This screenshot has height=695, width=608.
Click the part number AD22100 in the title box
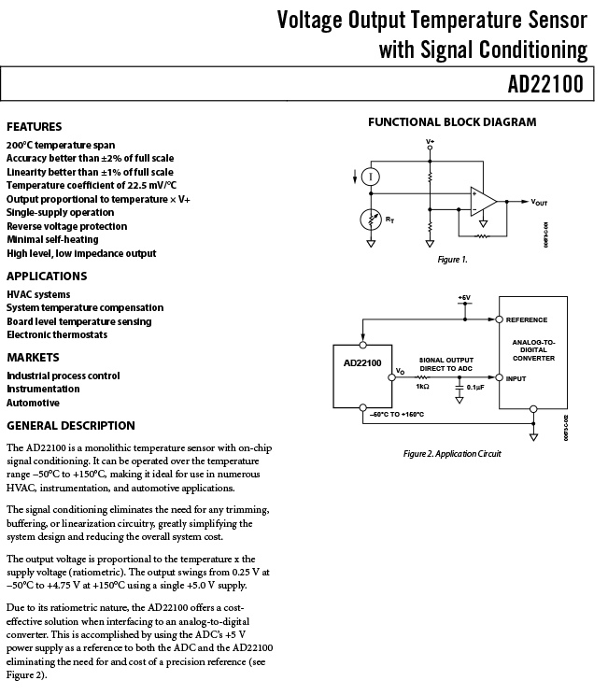point(545,84)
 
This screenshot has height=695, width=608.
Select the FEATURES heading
point(35,127)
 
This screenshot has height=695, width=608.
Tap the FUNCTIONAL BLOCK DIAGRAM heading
point(452,121)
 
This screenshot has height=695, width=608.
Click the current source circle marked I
point(371,177)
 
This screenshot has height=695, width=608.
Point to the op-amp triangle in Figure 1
point(483,201)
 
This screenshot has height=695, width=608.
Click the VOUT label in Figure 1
point(539,202)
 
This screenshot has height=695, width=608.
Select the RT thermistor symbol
point(371,220)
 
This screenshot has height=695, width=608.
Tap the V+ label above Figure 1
point(430,142)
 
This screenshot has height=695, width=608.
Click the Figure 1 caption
point(452,260)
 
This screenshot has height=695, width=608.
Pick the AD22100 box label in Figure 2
point(362,363)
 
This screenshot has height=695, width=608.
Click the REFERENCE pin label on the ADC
point(527,320)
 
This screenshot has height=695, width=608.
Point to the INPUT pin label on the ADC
point(516,378)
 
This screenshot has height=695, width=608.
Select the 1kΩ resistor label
point(422,387)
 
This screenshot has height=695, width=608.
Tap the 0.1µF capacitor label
point(475,387)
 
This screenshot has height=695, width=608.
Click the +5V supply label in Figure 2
point(464,298)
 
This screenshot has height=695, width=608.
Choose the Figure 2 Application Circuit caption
point(452,454)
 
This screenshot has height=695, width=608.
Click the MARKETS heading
point(33,358)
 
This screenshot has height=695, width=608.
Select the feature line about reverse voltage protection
point(67,226)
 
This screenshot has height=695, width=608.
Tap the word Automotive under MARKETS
point(33,403)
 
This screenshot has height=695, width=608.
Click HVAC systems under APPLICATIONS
point(38,295)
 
